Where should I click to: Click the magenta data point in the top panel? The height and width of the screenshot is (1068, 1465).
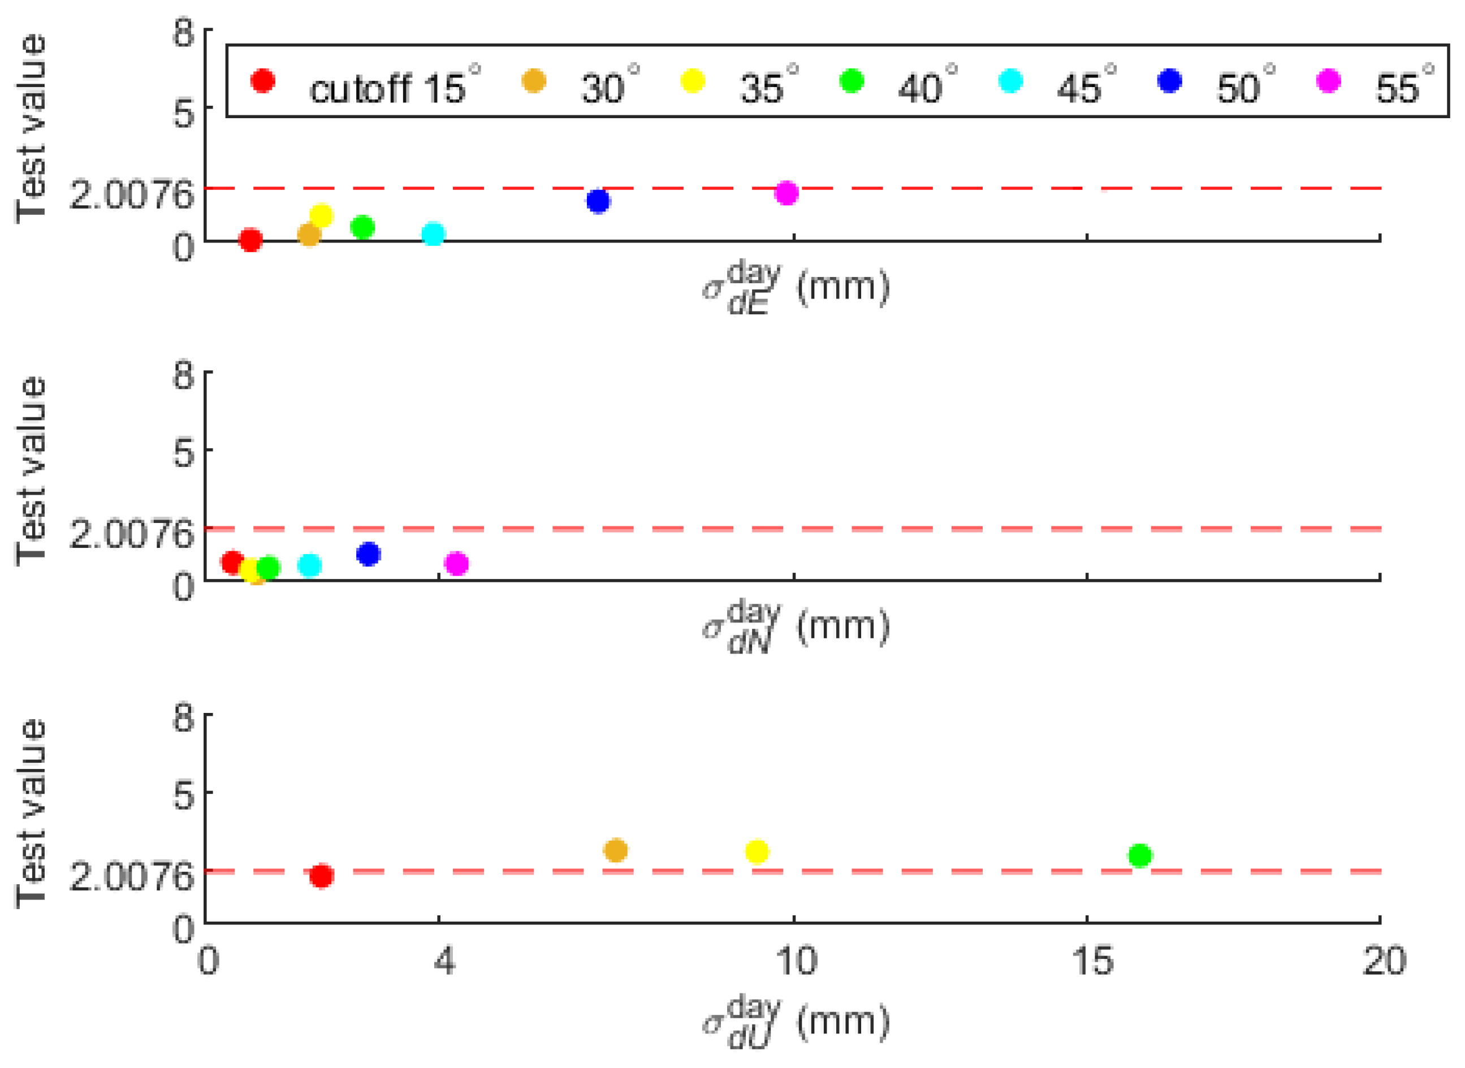coord(786,193)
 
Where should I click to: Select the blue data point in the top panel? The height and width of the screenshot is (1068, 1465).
coord(598,201)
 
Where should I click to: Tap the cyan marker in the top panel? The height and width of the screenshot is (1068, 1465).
coord(433,234)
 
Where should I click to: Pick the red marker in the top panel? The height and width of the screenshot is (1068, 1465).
coord(250,240)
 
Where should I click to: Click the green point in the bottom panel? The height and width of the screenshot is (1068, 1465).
coord(1140,855)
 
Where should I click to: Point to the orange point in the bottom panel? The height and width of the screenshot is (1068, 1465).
coord(616,850)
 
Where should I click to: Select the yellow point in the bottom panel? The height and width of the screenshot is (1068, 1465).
coord(757,851)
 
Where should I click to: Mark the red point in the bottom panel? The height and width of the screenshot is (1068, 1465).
coord(321,876)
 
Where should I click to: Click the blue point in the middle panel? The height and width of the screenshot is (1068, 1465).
coord(369,554)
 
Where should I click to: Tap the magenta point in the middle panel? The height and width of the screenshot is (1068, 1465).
coord(456,564)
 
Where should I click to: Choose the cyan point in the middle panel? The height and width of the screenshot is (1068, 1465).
coord(310,566)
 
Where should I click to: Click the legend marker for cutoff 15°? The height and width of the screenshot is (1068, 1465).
coord(263,81)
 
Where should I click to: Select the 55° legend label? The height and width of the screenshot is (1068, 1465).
coord(1403,87)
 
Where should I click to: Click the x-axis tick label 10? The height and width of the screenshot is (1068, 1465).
coord(795,961)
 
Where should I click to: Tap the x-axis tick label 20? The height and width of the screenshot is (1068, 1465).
coord(1384,961)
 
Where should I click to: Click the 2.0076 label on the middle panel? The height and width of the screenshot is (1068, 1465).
coord(132,534)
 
